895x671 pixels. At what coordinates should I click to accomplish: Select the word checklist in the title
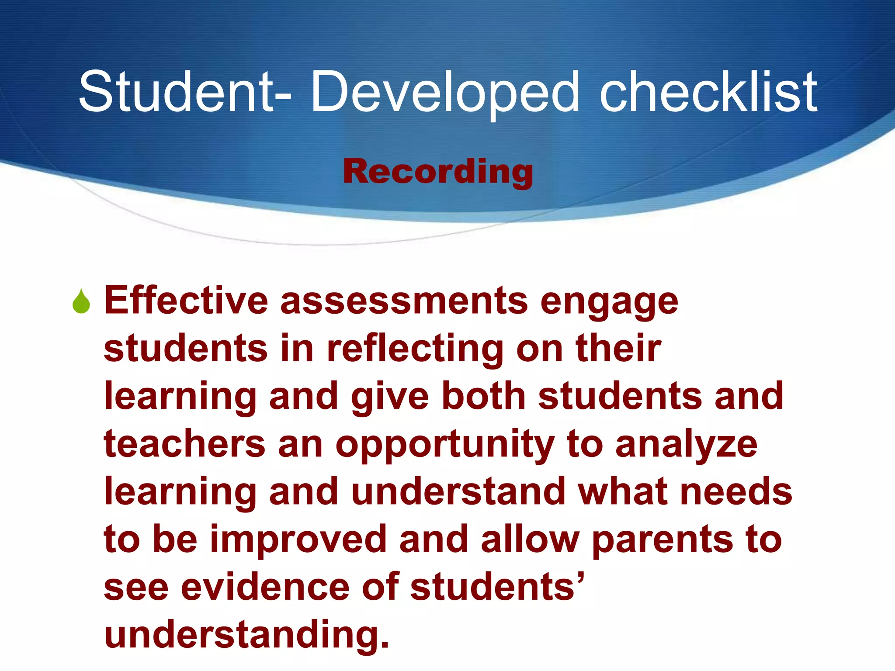point(708,92)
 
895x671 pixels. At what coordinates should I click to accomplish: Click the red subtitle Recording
point(438,172)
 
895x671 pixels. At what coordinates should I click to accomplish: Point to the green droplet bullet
point(81,301)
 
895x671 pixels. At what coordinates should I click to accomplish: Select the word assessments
point(404,301)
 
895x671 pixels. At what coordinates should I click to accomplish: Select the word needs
point(736,492)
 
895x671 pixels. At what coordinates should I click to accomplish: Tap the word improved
point(298,540)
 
